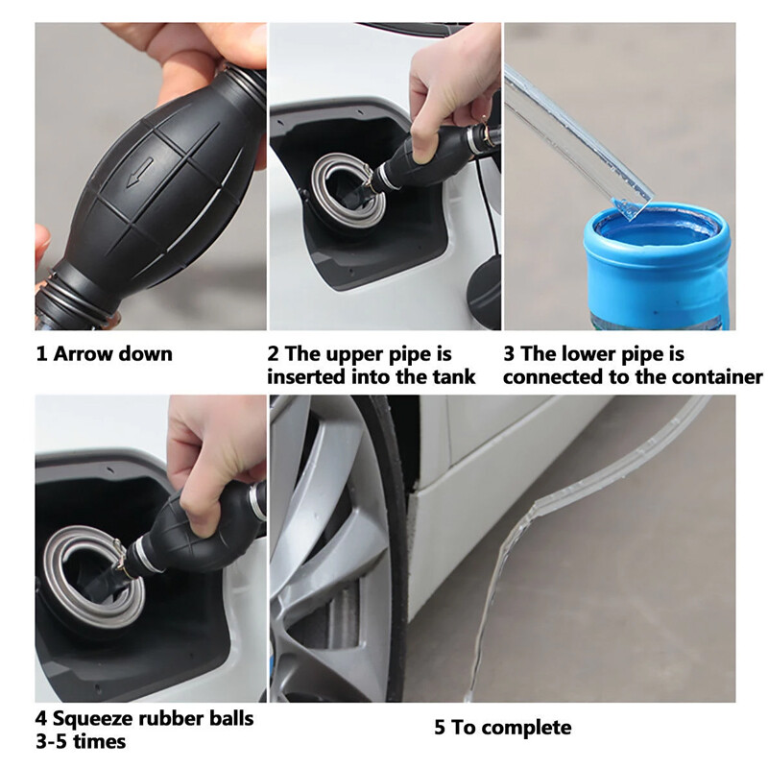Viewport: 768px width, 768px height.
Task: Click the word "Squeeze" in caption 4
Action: click(93, 718)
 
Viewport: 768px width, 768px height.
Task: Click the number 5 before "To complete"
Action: click(440, 728)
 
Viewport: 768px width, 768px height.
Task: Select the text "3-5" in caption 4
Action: click(52, 741)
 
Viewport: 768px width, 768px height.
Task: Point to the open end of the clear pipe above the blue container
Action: click(631, 205)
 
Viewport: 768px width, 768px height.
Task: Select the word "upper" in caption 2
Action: click(353, 354)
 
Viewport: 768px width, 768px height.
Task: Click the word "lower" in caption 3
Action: click(588, 353)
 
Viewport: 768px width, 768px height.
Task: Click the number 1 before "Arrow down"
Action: click(41, 354)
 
